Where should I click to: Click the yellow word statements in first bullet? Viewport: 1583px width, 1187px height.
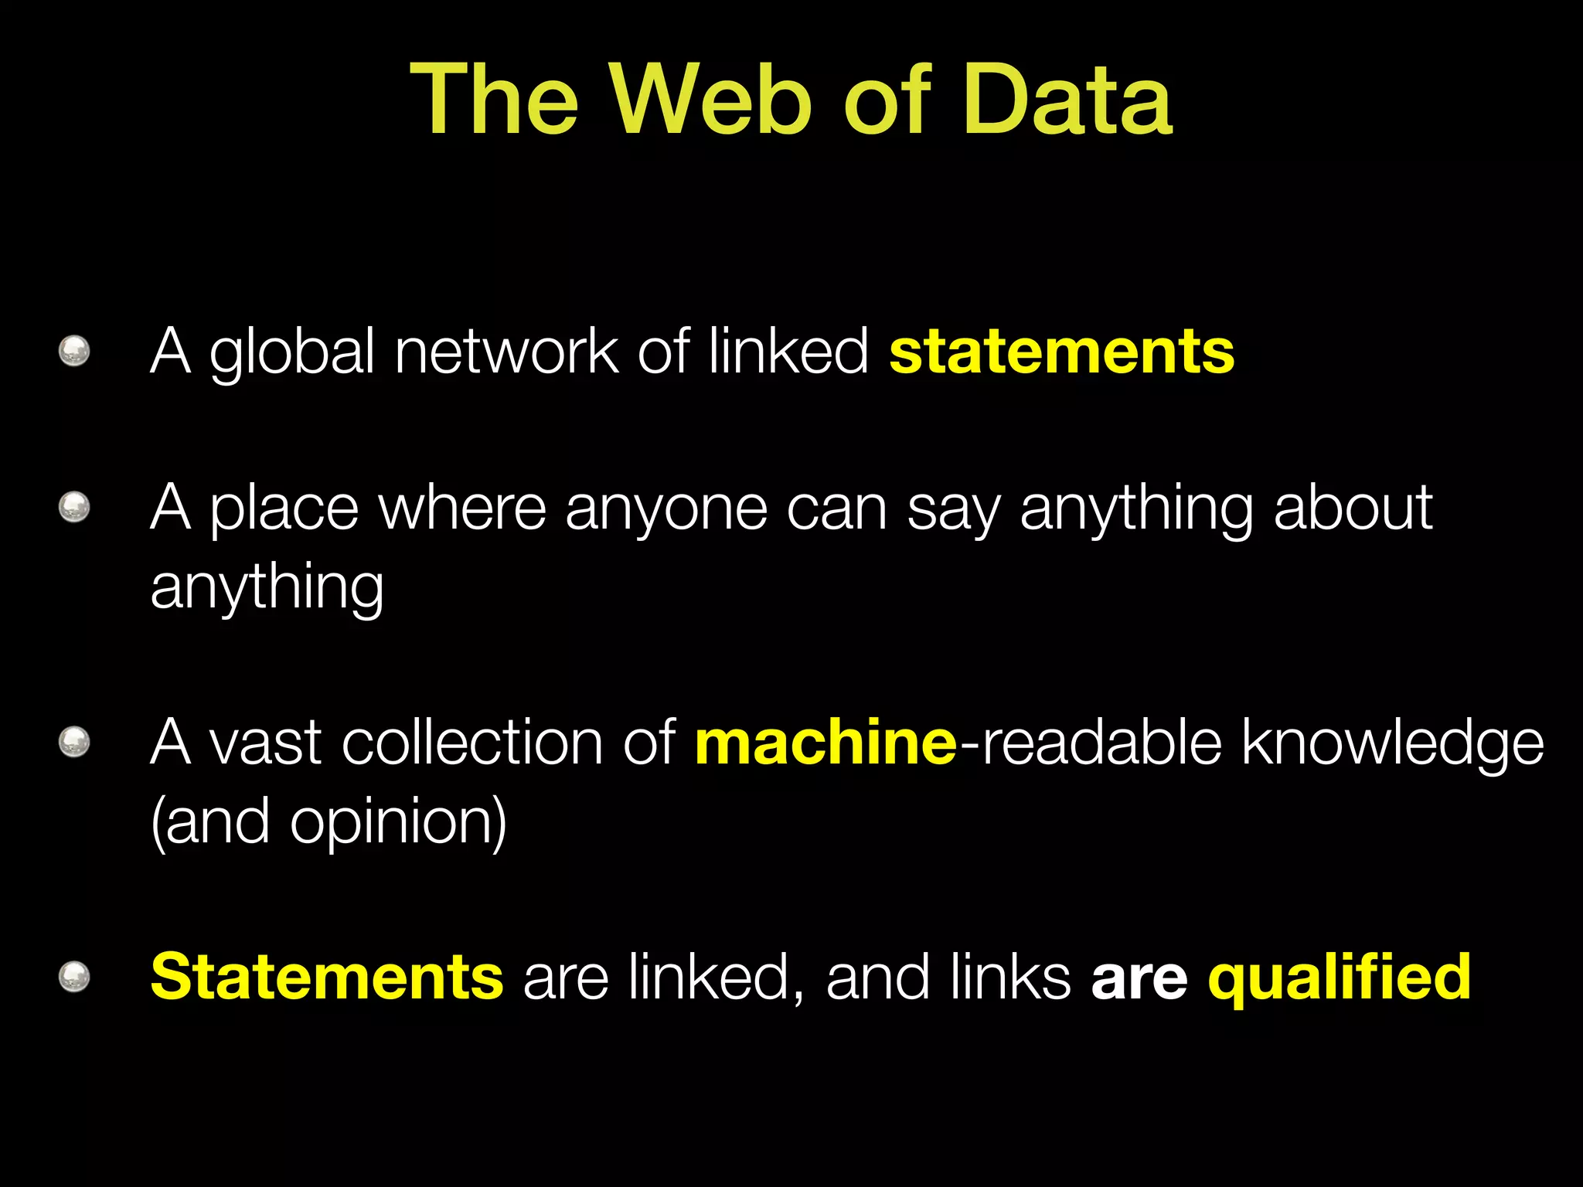[1061, 352]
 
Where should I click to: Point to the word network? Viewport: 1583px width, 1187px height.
[506, 352]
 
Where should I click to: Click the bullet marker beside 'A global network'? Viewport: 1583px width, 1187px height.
[74, 352]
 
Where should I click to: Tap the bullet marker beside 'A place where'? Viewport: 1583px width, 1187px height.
[74, 508]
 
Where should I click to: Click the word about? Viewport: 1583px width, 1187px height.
[1353, 508]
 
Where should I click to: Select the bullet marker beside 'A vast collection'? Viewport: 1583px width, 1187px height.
[74, 743]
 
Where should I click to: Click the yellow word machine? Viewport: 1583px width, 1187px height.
[826, 743]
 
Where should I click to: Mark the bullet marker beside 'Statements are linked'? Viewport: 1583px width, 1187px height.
[74, 978]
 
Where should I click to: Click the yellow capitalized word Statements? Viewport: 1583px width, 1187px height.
[327, 978]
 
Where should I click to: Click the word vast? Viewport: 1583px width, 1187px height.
[266, 743]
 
